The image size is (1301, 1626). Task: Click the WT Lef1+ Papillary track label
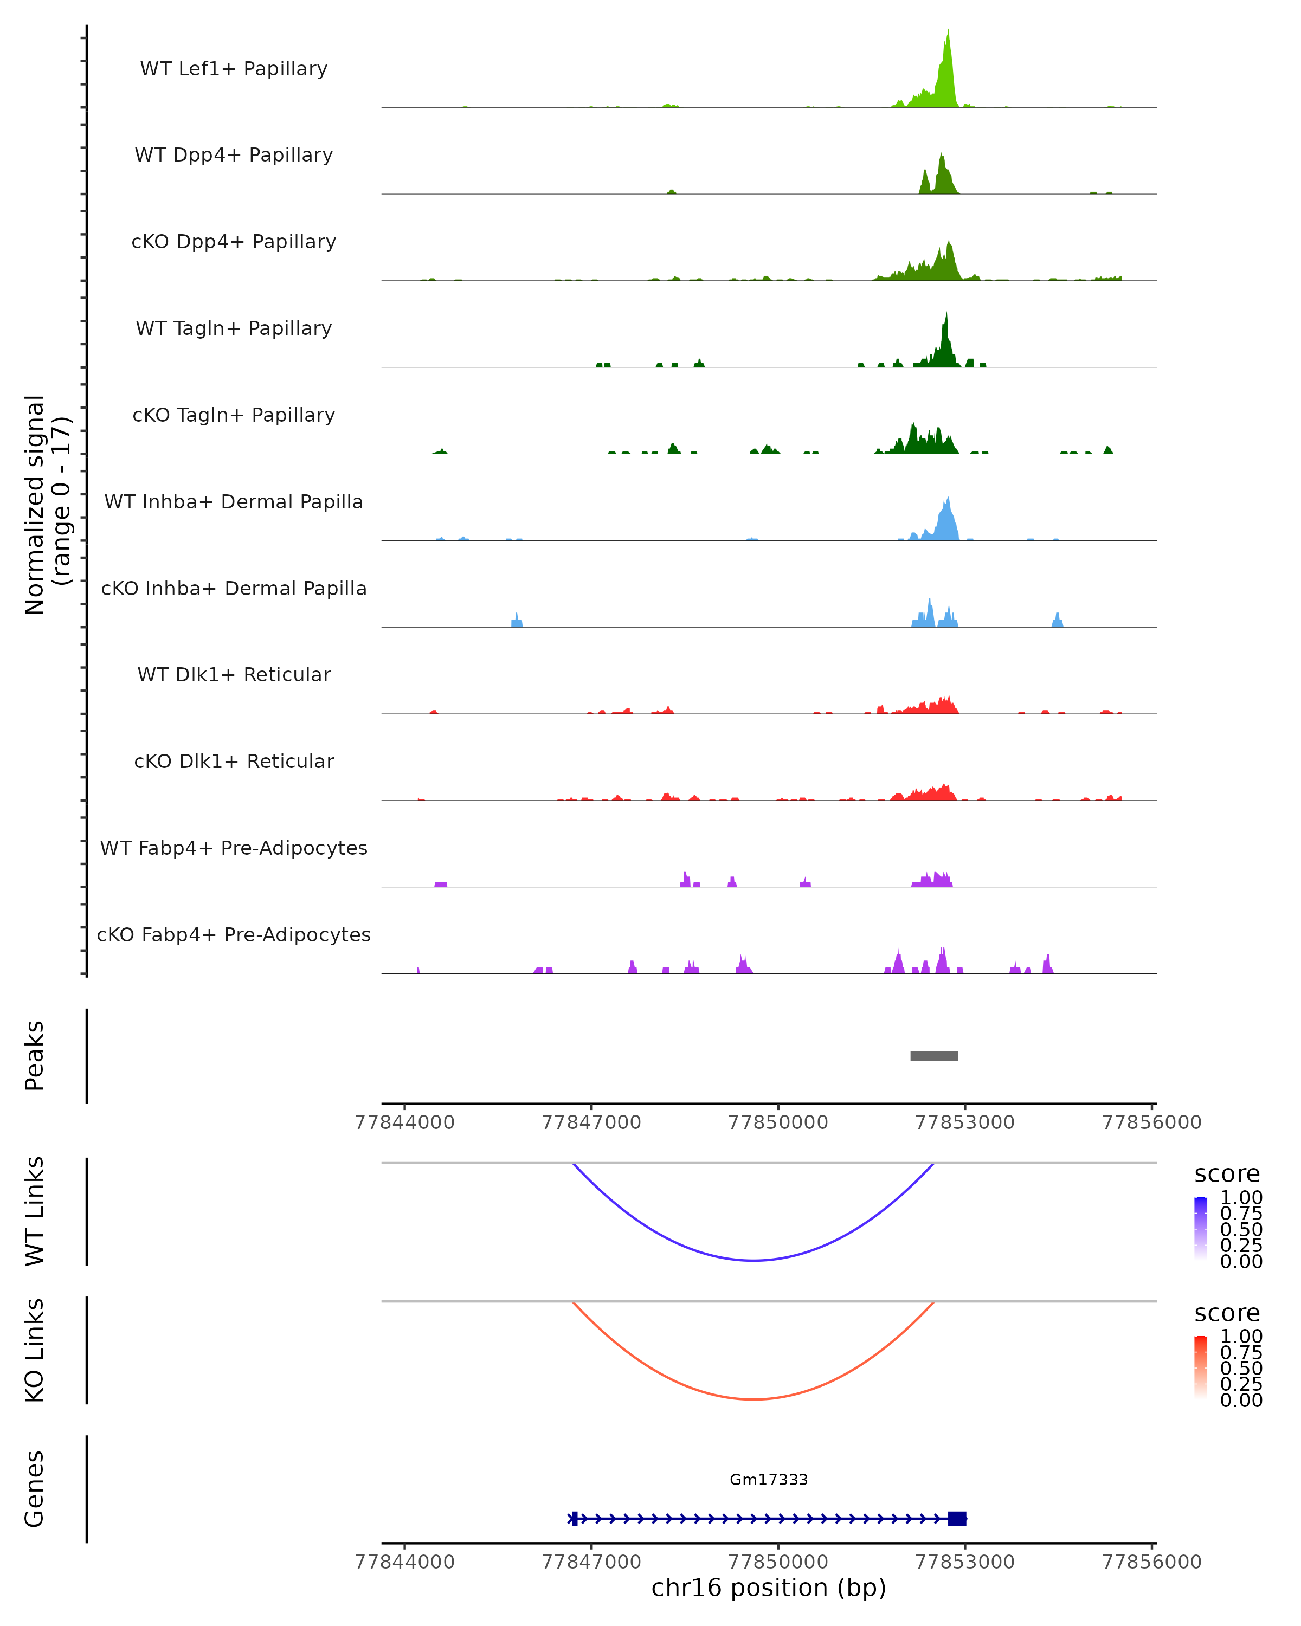[x=234, y=69]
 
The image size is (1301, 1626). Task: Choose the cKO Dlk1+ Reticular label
[x=234, y=761]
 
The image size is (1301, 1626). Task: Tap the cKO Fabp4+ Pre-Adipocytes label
[x=234, y=934]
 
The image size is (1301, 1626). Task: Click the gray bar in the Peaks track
[x=933, y=1056]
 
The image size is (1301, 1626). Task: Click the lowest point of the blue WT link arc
[x=753, y=1260]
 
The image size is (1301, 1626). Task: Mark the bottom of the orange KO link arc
[x=753, y=1399]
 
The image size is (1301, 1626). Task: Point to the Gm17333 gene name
[x=769, y=1480]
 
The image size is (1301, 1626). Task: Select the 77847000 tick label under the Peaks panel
[x=591, y=1122]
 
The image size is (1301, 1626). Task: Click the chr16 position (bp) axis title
[x=769, y=1588]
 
